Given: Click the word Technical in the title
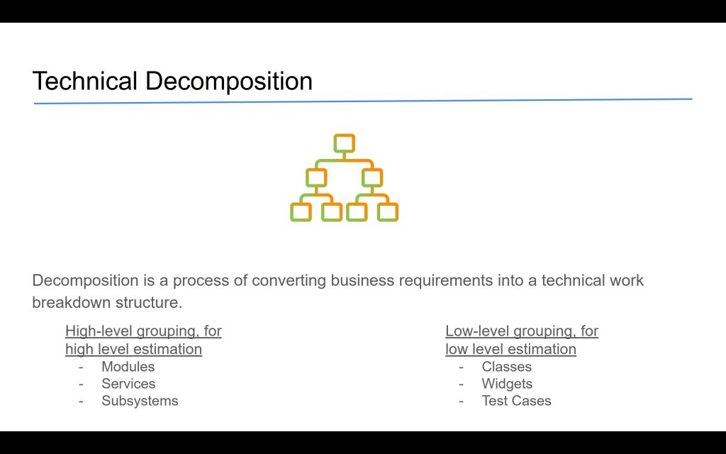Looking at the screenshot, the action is tap(85, 81).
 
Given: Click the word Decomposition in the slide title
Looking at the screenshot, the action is tap(229, 82).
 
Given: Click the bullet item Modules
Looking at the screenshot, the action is tap(128, 367).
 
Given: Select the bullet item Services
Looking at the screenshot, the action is tap(128, 384).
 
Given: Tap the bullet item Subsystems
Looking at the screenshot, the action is tap(140, 401).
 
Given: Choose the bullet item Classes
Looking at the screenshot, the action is tap(506, 367).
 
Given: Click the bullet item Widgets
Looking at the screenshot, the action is tap(507, 384).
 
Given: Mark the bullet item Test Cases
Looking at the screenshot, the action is tap(516, 401).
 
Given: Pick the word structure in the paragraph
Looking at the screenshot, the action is tap(149, 303).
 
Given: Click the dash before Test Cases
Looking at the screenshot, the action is tap(461, 402).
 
